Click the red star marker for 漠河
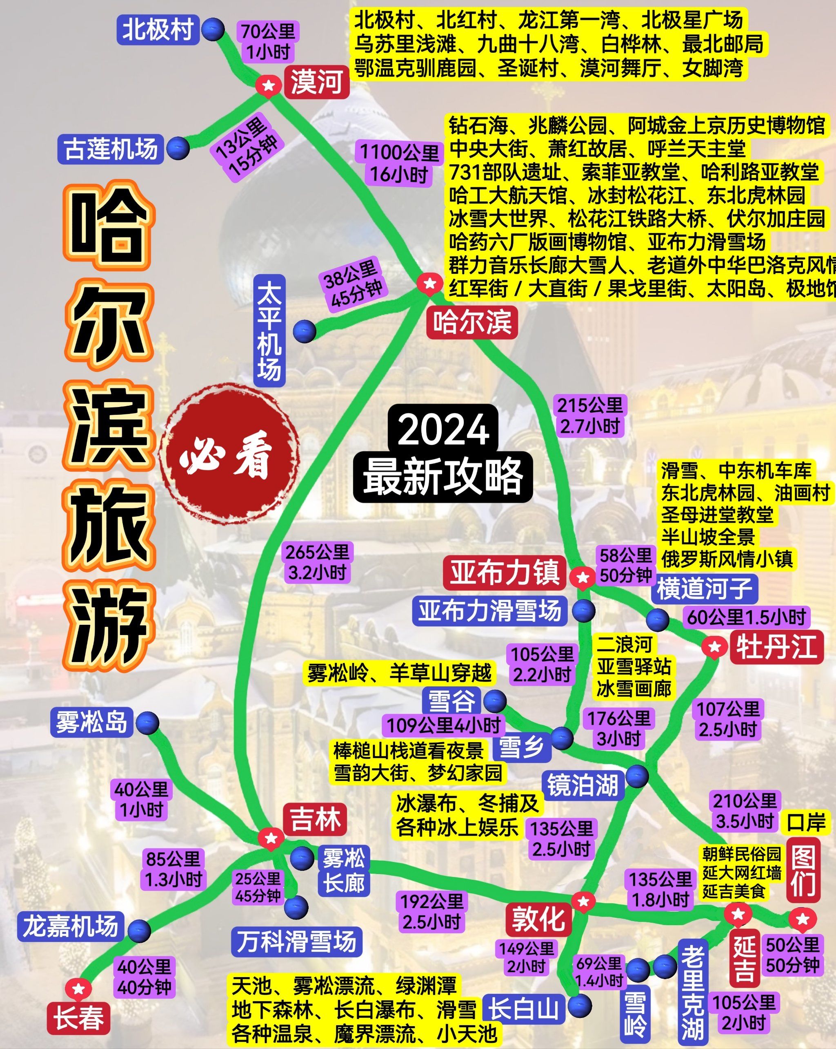(268, 86)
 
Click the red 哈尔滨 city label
(472, 322)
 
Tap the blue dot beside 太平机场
(305, 332)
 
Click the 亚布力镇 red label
(505, 572)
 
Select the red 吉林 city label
(315, 819)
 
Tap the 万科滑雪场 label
(296, 941)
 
